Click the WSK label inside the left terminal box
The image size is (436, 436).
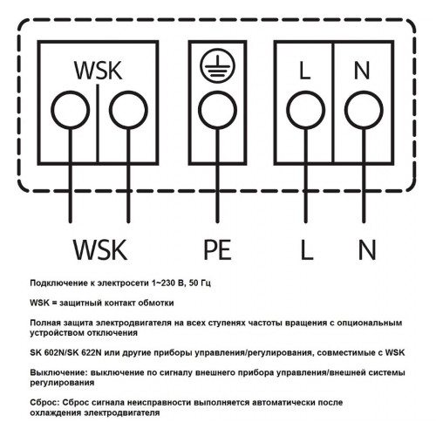tap(98, 71)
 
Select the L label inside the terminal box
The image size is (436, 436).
tap(304, 71)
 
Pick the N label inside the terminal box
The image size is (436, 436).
tap(362, 71)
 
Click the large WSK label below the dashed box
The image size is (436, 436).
tap(100, 249)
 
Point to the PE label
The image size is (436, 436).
tap(217, 249)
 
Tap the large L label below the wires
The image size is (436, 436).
tap(307, 249)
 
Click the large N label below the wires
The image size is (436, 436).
tap(367, 249)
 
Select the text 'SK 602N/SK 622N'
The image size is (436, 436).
tap(65, 352)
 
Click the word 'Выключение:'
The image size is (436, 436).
tap(59, 372)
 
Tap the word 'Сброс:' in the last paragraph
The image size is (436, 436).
tap(44, 403)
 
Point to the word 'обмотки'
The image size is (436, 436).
tap(156, 303)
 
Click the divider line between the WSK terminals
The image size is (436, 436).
tap(98, 123)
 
